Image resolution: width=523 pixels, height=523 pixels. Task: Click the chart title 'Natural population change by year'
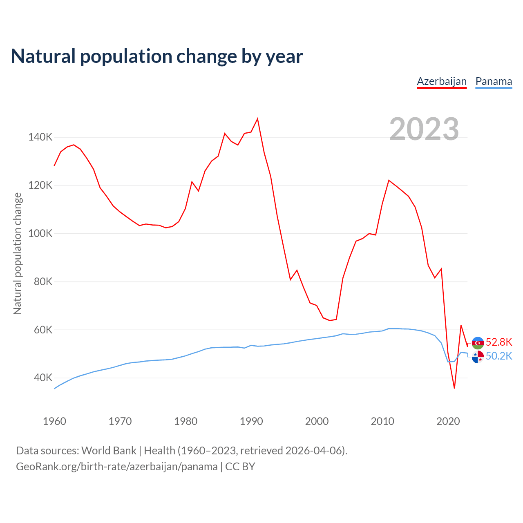click(x=157, y=56)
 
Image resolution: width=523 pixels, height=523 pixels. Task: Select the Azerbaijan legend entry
click(x=442, y=81)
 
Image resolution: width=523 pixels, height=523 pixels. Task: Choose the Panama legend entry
click(x=494, y=81)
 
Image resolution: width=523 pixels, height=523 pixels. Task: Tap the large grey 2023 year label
click(x=424, y=129)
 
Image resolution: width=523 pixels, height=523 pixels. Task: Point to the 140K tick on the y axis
click(x=40, y=137)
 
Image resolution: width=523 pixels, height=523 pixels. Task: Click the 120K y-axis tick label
click(x=40, y=186)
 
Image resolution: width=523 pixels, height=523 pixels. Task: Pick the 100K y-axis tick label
click(x=40, y=234)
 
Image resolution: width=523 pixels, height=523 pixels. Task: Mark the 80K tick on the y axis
click(x=42, y=282)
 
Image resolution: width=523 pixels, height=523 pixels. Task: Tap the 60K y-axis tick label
click(x=42, y=330)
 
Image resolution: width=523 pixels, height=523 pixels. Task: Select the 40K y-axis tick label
click(x=42, y=378)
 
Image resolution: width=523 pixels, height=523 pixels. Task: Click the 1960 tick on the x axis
click(x=54, y=421)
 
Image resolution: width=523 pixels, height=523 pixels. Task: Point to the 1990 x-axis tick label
click(x=251, y=421)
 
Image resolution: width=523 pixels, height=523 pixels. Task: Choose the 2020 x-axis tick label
click(x=448, y=421)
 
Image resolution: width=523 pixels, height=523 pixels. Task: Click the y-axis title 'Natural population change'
click(x=18, y=253)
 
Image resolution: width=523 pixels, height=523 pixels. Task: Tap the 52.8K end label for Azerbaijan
click(x=499, y=342)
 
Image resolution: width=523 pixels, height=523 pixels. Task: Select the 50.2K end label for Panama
click(x=499, y=356)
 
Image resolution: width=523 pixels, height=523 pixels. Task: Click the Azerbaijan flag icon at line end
click(x=478, y=343)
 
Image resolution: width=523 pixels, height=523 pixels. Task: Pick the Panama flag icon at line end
click(x=478, y=357)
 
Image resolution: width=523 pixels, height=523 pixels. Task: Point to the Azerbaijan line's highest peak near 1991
click(x=257, y=119)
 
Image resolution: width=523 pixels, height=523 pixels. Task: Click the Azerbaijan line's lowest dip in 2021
click(x=454, y=388)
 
